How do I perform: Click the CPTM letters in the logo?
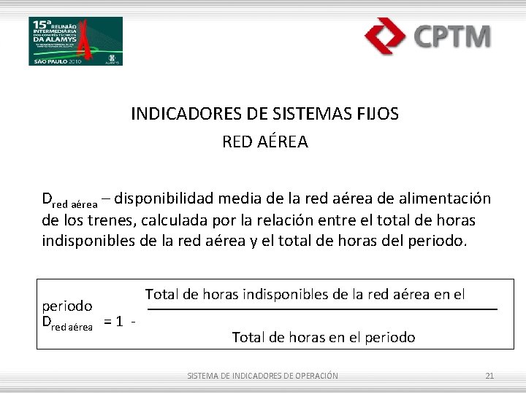click(x=452, y=35)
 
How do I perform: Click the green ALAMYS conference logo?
click(x=76, y=40)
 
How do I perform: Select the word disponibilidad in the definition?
click(x=164, y=198)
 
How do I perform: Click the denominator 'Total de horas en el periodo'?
click(x=323, y=337)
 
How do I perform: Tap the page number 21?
click(x=489, y=376)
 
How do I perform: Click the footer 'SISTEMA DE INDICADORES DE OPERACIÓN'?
click(x=262, y=376)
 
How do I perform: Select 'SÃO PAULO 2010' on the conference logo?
click(x=56, y=61)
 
